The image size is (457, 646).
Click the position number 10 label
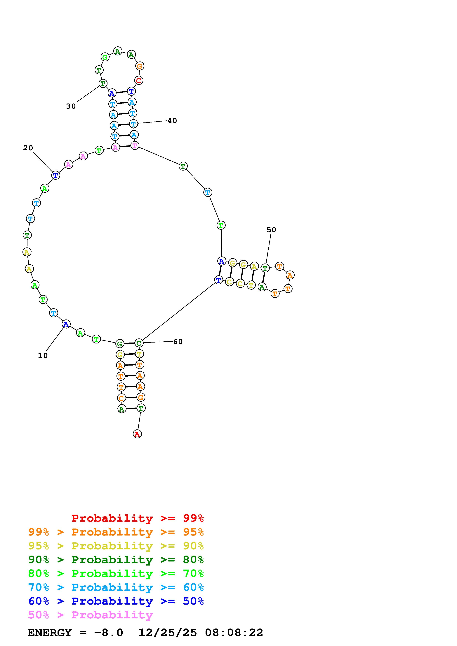tap(43, 356)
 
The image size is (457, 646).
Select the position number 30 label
tap(71, 106)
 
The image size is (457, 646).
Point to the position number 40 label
tap(172, 121)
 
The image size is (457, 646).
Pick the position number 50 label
tap(271, 230)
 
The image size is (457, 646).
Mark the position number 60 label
tap(178, 342)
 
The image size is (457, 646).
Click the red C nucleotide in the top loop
tap(138, 80)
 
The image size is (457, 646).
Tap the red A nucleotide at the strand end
tap(137, 434)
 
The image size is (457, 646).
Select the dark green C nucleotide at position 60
tap(139, 343)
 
